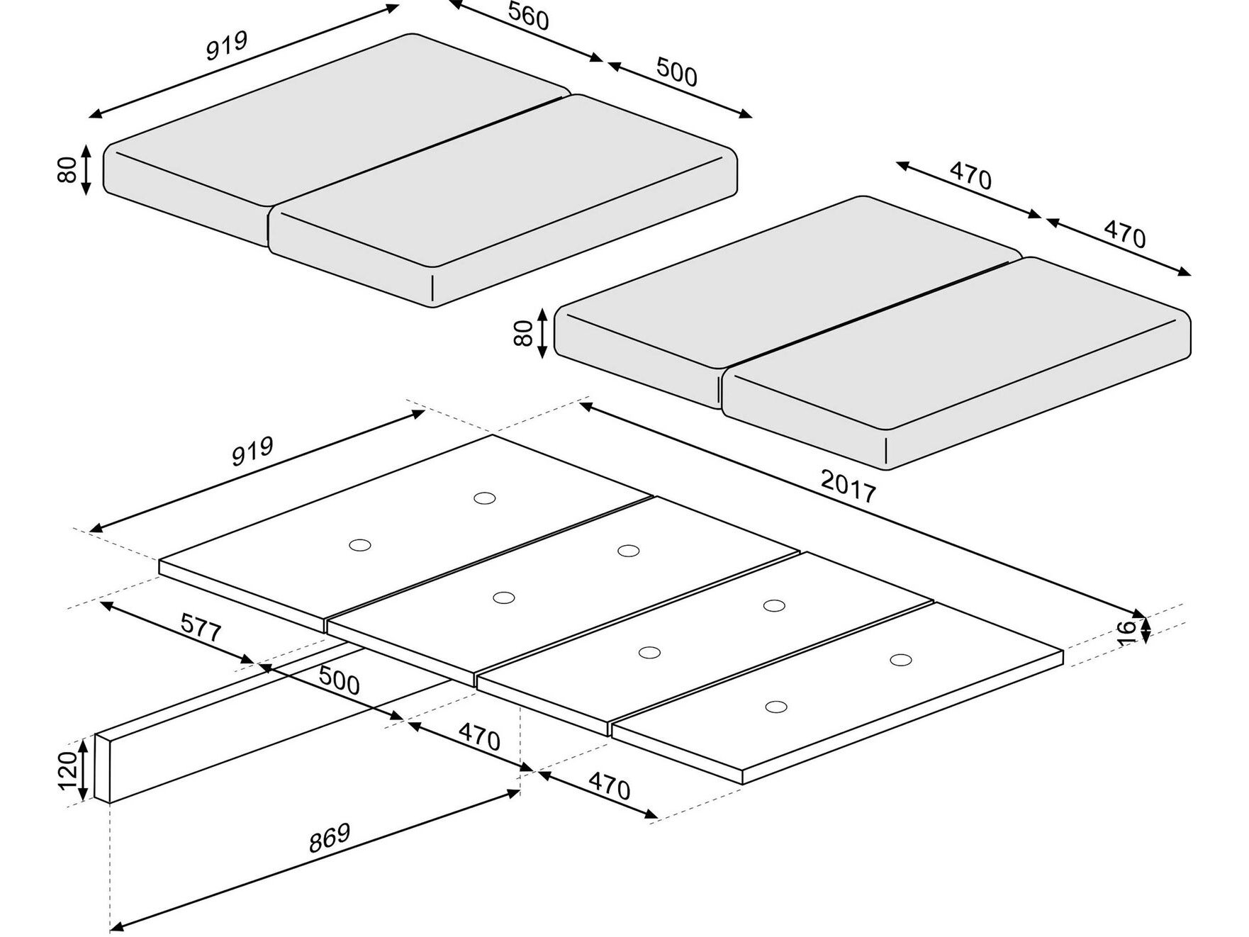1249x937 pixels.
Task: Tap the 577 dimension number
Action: click(x=201, y=628)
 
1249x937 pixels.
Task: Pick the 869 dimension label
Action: click(x=330, y=838)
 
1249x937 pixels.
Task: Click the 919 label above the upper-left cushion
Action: click(x=227, y=45)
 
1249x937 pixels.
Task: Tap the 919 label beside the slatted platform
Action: click(x=252, y=451)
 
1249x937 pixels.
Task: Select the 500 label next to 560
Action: click(x=677, y=72)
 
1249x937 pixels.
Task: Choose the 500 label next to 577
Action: click(x=339, y=680)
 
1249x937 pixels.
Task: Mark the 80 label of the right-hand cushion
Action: click(x=523, y=333)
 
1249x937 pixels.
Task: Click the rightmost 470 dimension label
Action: click(x=1124, y=234)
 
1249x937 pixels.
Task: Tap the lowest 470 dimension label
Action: click(x=609, y=787)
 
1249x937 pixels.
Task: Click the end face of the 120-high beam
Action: click(x=103, y=769)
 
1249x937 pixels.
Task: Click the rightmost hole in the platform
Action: click(x=901, y=660)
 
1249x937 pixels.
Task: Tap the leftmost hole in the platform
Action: click(x=360, y=545)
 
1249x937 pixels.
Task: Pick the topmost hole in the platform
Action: click(x=484, y=498)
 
